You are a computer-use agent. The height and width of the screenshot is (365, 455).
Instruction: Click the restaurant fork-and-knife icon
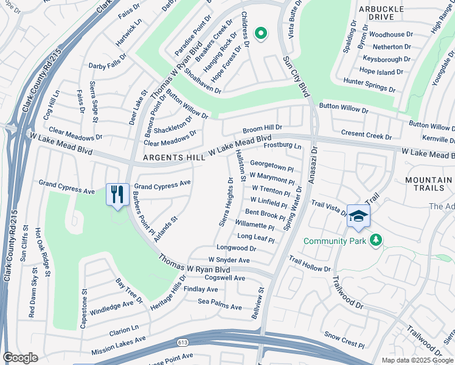tap(117, 195)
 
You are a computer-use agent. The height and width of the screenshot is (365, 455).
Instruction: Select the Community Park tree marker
tap(377, 240)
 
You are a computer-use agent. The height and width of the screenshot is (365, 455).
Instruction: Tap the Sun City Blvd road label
tap(296, 75)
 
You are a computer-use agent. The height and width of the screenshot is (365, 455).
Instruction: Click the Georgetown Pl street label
tap(272, 164)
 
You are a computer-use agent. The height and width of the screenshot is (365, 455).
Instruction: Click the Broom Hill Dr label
tap(262, 128)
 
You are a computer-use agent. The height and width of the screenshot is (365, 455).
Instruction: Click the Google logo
tap(20, 358)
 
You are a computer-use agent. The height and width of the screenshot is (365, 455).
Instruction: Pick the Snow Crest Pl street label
tap(344, 335)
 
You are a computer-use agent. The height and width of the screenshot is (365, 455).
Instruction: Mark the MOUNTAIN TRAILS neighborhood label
tap(428, 185)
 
